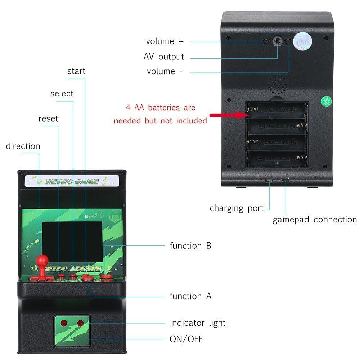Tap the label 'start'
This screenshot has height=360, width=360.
pos(76,71)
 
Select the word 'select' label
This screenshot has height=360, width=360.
pos(62,94)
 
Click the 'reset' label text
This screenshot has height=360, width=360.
pos(48,119)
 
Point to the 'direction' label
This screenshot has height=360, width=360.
pos(23,146)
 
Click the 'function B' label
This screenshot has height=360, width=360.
pos(190,246)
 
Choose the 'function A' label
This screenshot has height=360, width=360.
pos(190,296)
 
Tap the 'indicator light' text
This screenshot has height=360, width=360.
pos(198,323)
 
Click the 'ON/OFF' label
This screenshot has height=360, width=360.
pos(186,339)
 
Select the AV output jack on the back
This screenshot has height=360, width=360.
pos(277,41)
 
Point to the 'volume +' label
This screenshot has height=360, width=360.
pos(165,41)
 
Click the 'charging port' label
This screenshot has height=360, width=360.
pos(237,208)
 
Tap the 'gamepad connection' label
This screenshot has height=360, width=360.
pos(314,220)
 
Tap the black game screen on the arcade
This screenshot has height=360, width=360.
pos(72,237)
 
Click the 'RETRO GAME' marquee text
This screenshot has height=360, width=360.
pos(72,181)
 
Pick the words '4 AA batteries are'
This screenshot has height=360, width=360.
pos(160,107)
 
